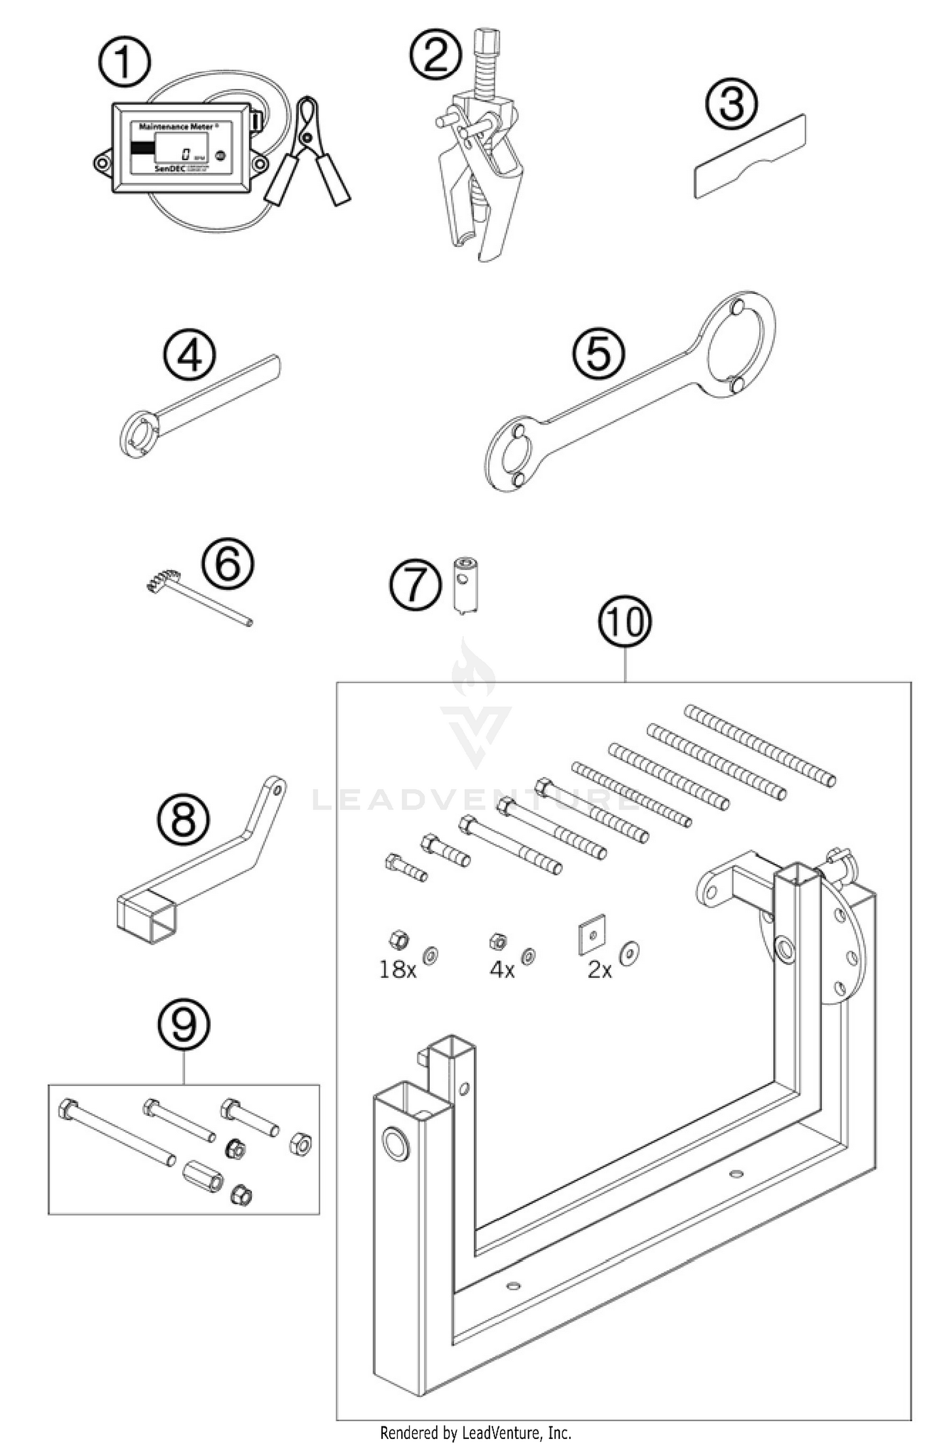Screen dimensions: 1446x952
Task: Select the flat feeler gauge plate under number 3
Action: point(749,157)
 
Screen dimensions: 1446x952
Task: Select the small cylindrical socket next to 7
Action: point(465,585)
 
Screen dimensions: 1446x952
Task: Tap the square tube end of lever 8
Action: point(145,918)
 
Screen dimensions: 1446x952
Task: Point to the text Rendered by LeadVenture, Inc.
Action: point(475,1433)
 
